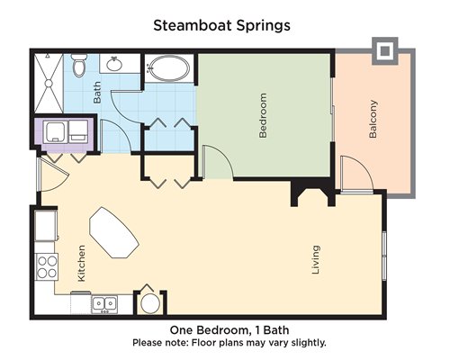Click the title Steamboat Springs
pos(221,26)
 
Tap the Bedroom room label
pos(263,115)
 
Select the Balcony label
pos(373,119)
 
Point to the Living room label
pos(316,259)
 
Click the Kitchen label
pos(81,264)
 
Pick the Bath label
pos(97,93)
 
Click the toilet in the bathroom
pos(79,65)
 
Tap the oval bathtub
pos(169,68)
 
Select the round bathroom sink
pos(114,64)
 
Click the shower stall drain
pos(49,83)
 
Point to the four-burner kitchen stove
pos(47,266)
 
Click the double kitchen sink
pos(104,304)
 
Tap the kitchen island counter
pos(114,232)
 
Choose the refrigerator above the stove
pos(46,226)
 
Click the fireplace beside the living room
pos(313,193)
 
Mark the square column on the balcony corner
pos(385,51)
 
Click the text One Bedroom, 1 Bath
pos(229,330)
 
